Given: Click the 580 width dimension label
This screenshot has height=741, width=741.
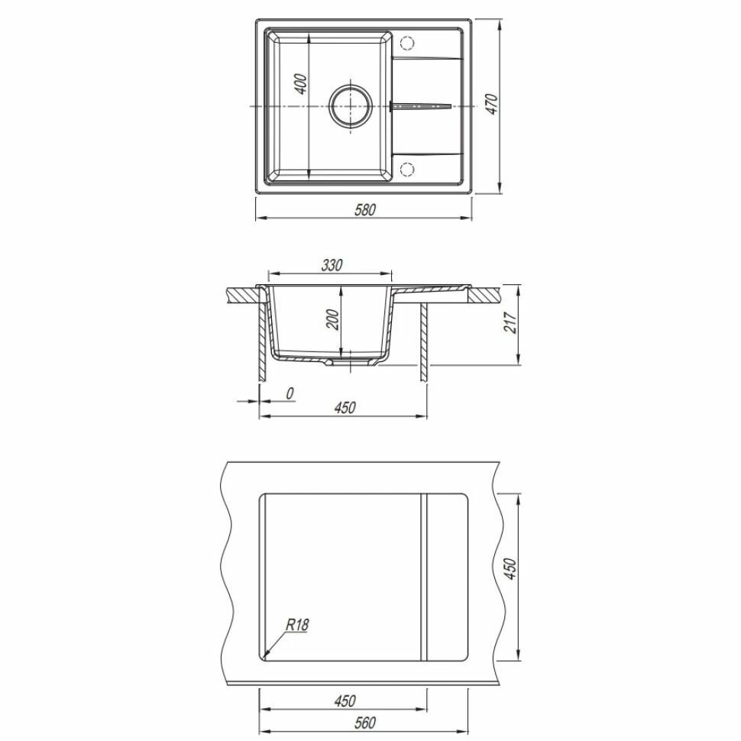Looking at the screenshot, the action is pos(365,209).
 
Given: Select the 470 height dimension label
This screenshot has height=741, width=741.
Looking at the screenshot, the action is pos(492,104).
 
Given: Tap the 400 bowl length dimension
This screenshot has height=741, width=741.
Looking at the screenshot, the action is pos(302,83).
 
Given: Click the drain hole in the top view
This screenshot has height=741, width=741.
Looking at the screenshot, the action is pos(350,106).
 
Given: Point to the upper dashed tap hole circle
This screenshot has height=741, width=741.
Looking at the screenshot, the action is pos(407,43).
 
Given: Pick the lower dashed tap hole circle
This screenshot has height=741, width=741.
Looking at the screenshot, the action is pos(407,169).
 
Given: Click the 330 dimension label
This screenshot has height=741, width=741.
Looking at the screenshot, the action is pos(332,265).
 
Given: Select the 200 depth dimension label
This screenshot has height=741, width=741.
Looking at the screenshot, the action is pos(333,319).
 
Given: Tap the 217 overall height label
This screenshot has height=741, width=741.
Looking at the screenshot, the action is pos(511,322).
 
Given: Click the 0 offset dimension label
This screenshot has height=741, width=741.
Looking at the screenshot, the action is pos(290,393).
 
